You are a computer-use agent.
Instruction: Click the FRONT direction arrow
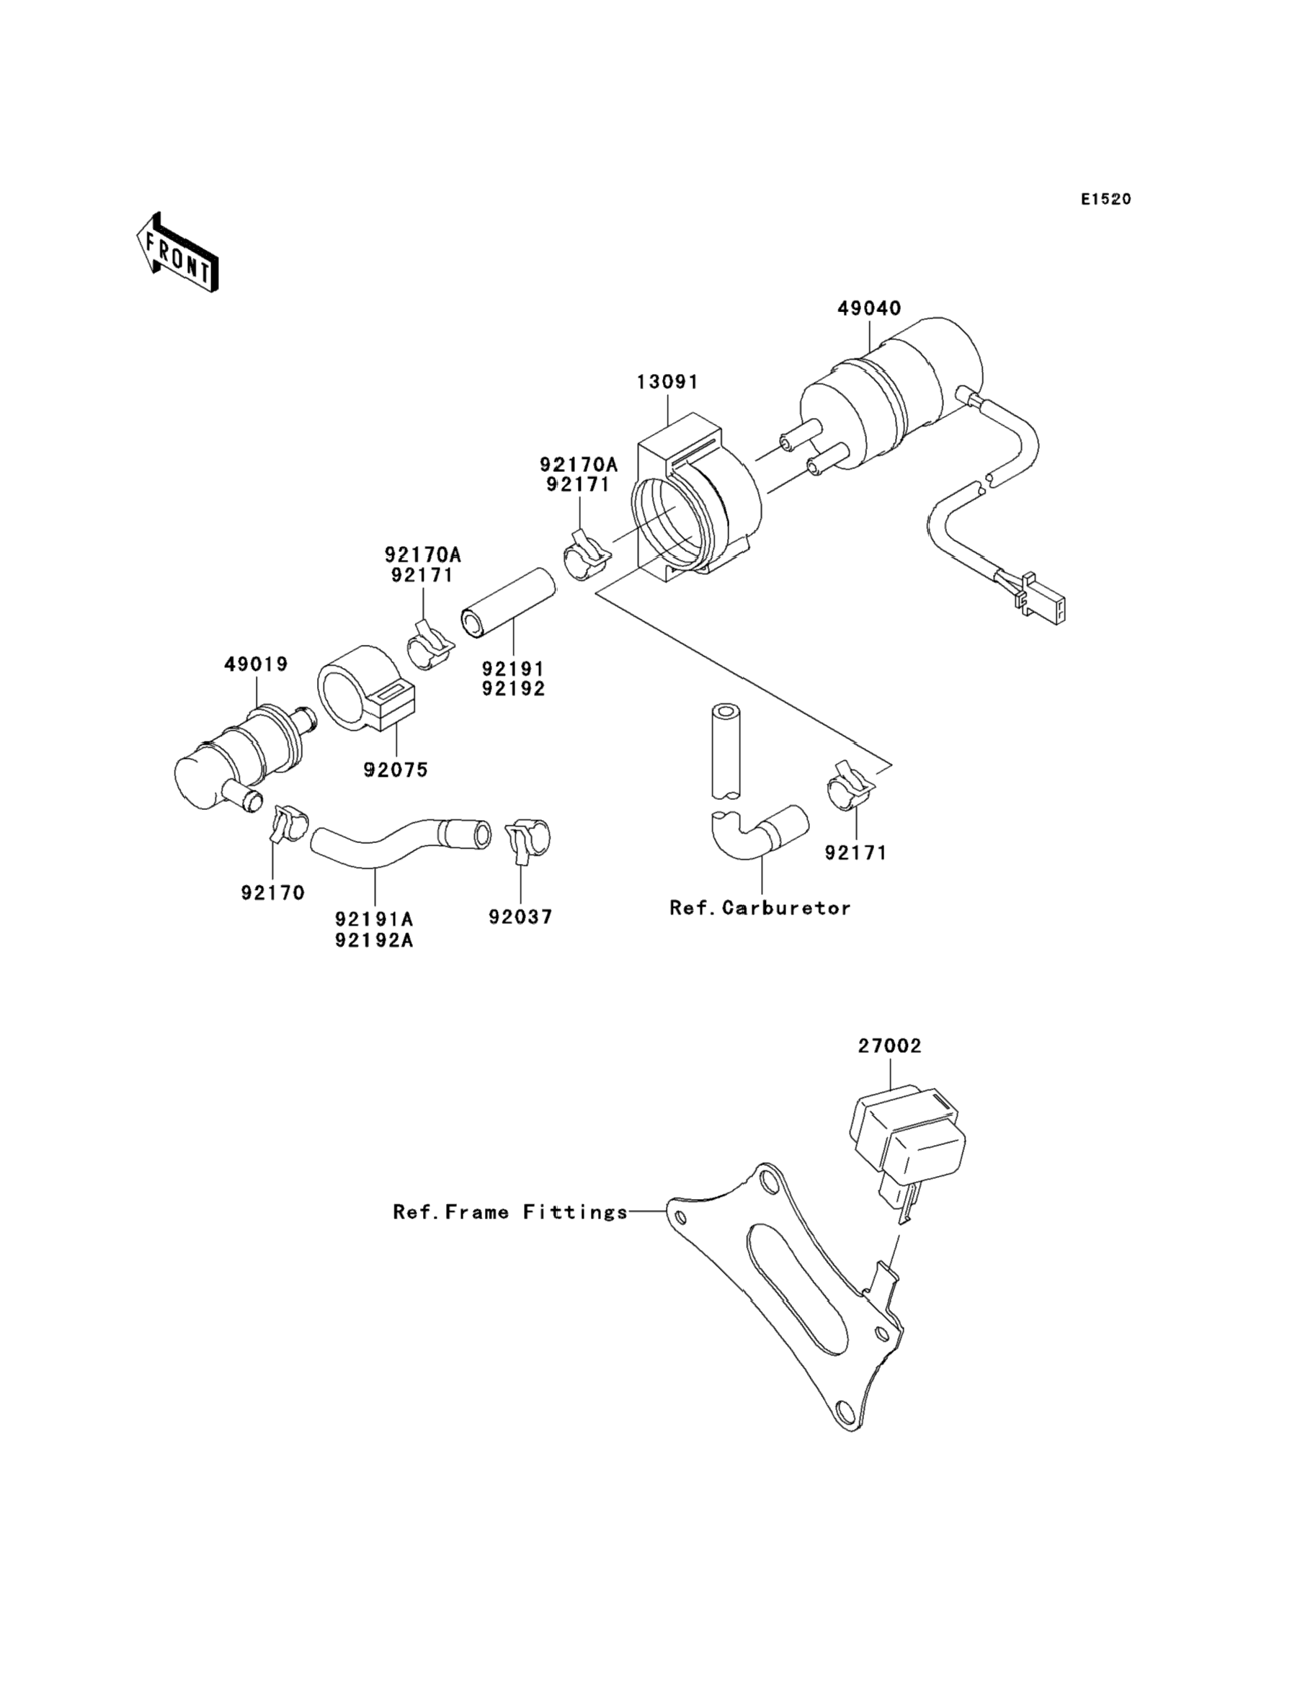[177, 252]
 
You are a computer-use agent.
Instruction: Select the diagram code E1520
[1105, 200]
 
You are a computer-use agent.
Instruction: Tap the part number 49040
[869, 308]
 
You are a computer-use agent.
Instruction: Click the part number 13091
[667, 381]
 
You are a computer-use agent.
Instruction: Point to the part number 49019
[256, 664]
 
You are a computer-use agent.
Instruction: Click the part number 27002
[889, 1046]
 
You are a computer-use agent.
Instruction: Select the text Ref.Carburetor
[760, 907]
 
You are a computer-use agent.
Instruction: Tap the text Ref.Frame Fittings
[511, 1211]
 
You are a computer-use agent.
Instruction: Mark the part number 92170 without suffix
[272, 892]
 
